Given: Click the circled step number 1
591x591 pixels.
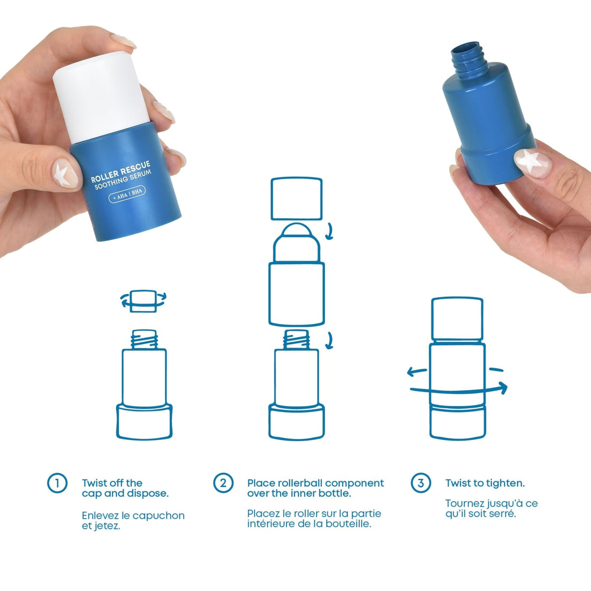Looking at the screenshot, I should point(57,482).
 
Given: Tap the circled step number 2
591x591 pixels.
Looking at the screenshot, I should point(223,482).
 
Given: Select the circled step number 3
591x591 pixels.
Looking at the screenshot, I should point(421,482).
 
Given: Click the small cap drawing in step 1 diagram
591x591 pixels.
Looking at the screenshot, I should point(143,301).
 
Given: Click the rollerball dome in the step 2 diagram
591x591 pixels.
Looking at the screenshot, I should point(297,233).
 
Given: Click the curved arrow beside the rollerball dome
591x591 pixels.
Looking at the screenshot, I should point(330,232).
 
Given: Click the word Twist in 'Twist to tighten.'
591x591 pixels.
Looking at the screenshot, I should point(457,483).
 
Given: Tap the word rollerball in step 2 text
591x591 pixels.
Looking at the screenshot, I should point(294,483).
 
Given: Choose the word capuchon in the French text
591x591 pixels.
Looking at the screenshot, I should point(158,516).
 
